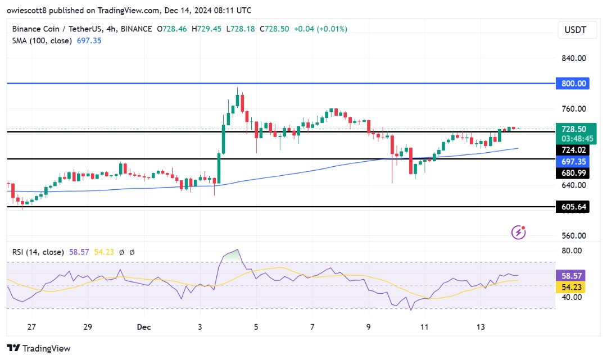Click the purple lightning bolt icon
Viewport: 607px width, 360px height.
(519, 231)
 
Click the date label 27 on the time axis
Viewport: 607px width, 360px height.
(31, 327)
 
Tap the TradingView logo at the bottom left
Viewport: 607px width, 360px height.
(39, 348)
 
